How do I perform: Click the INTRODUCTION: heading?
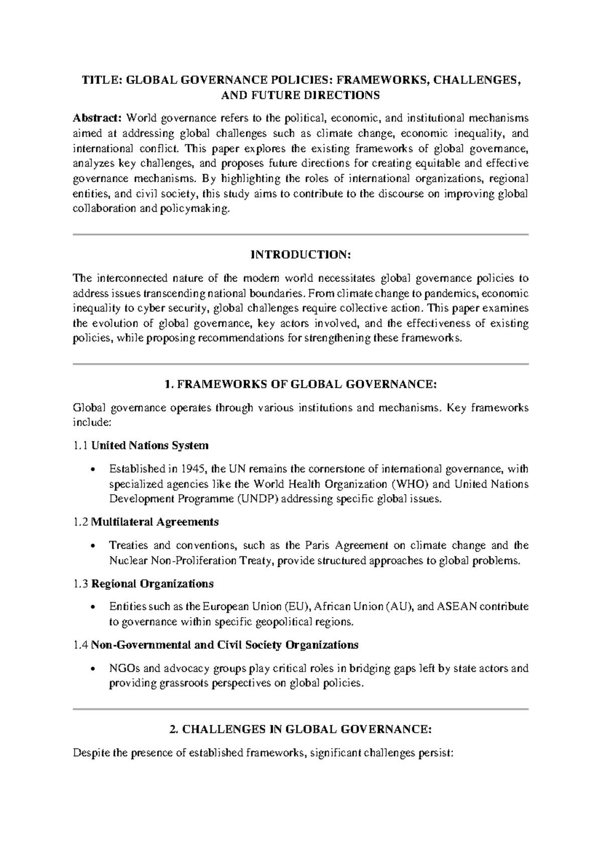(300, 255)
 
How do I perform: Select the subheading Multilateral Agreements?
(155, 522)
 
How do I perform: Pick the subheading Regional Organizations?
(152, 584)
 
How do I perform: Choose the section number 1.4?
(80, 645)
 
